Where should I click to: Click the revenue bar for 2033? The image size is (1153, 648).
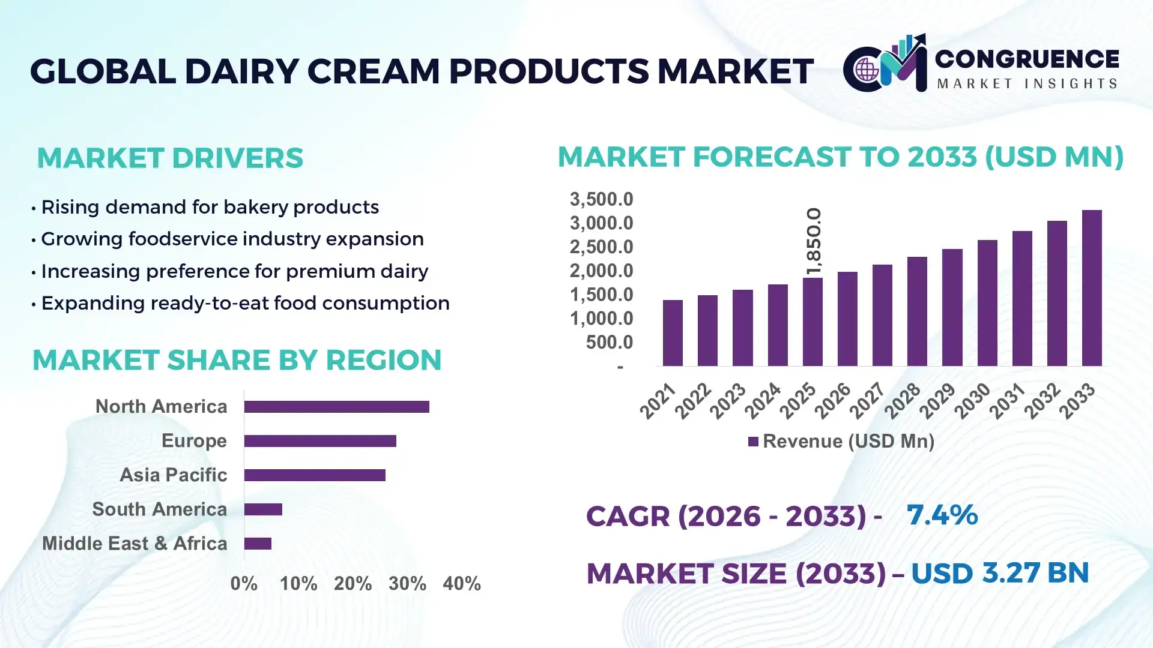point(1091,288)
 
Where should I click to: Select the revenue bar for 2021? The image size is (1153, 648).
point(673,333)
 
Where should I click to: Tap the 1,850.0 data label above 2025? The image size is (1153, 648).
point(814,241)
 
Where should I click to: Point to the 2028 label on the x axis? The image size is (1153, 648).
point(902,401)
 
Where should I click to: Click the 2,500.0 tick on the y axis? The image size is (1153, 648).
point(601,247)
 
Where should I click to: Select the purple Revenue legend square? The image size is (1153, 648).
point(753,442)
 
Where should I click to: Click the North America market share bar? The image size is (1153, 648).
point(336,407)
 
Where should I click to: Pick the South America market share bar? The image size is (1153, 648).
point(263,509)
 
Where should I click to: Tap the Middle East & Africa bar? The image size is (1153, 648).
point(258,544)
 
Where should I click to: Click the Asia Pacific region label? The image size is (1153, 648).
point(173,475)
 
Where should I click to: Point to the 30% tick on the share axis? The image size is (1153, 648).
point(407,583)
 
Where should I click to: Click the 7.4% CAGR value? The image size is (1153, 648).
point(942,515)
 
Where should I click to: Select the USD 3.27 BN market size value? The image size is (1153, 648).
point(999,573)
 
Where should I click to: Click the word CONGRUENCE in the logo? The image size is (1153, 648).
point(1026,59)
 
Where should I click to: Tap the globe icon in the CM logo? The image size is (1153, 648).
point(867,70)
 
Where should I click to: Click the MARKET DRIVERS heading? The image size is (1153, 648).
point(170,158)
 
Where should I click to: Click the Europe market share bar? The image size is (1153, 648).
point(320,441)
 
